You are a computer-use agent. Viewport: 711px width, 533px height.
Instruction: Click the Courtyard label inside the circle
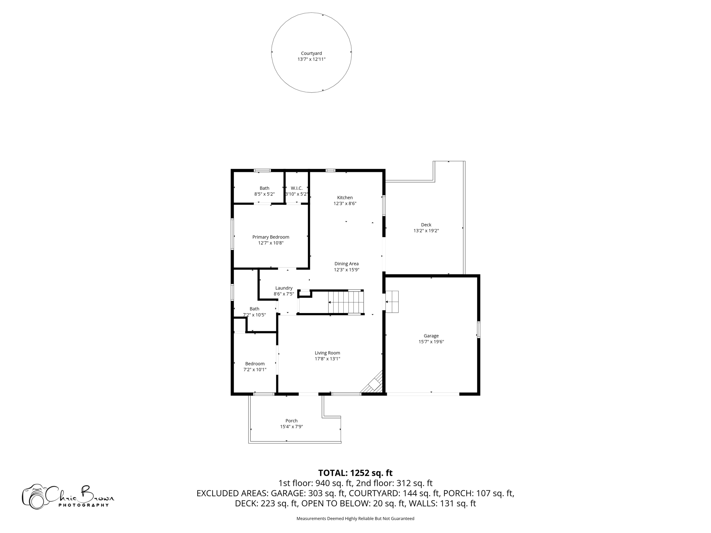311,53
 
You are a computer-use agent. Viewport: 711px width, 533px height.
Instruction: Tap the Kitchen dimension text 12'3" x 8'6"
345,204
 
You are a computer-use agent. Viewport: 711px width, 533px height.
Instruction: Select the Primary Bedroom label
270,237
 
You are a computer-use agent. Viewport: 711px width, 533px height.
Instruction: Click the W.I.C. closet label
296,188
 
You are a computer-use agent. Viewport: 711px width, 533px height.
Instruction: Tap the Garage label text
431,336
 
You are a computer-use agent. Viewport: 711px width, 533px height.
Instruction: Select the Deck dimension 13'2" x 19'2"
426,231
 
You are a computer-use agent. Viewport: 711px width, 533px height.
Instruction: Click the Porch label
291,421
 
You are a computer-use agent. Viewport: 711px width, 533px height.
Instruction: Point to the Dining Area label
346,264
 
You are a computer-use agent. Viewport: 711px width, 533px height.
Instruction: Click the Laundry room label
284,288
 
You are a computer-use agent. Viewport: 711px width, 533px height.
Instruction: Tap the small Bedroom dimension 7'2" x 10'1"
255,370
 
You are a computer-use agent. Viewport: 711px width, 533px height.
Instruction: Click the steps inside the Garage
392,302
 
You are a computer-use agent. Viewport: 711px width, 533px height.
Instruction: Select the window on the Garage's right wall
478,330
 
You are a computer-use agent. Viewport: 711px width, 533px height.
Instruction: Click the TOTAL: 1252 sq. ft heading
355,473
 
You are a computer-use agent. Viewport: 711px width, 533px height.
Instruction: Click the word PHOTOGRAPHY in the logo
83,505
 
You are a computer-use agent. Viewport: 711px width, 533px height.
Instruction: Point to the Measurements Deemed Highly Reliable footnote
355,518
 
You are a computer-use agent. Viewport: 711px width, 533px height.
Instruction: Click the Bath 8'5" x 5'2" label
264,191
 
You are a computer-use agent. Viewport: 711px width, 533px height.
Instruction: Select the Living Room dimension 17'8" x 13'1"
327,359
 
